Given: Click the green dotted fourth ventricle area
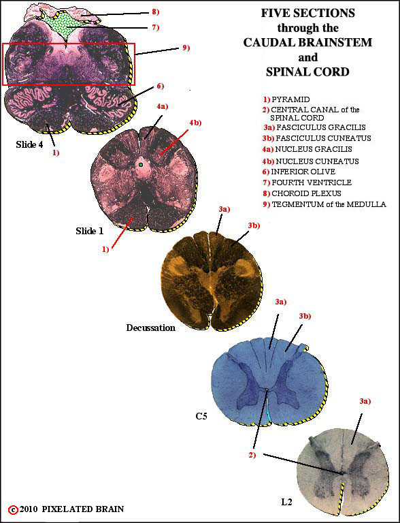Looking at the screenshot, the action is [x=65, y=25].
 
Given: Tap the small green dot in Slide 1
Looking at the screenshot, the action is [x=141, y=165].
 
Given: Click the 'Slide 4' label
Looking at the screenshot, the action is [x=29, y=144].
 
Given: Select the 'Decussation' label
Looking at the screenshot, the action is [x=150, y=328].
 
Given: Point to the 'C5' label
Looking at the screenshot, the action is [x=201, y=416].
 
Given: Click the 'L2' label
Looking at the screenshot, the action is [x=286, y=501].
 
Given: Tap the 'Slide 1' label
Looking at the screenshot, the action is [x=89, y=231].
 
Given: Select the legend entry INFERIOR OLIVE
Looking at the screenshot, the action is [x=303, y=172].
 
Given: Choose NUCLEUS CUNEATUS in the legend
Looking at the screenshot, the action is [x=317, y=161].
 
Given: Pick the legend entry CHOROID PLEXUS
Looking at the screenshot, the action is [x=306, y=193].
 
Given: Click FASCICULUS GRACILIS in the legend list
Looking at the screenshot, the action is [x=321, y=127].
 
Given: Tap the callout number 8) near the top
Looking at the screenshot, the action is [x=155, y=12].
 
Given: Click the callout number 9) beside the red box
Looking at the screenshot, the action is [x=186, y=48].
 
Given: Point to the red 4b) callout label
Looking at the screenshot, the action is [x=196, y=123].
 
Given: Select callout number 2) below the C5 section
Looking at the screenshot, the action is [x=252, y=455].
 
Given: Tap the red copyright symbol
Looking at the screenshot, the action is [x=14, y=509].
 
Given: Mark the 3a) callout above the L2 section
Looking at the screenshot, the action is [x=365, y=402].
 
